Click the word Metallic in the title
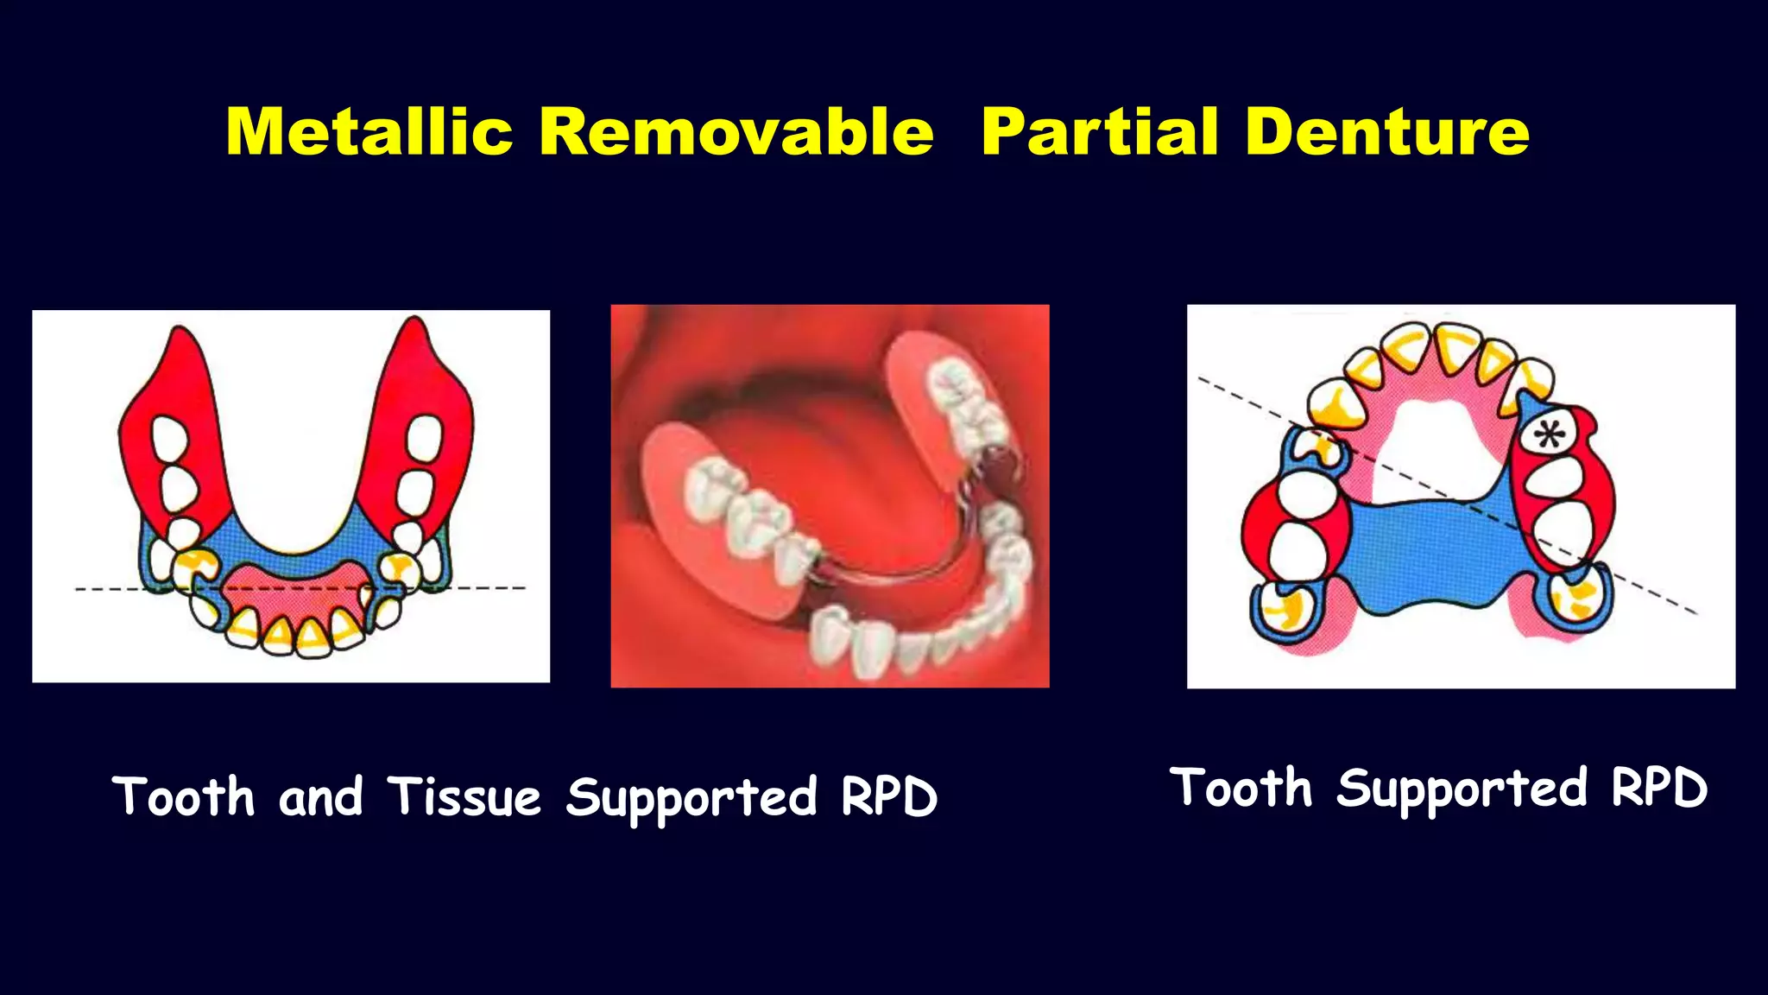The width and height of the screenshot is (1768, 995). tap(369, 132)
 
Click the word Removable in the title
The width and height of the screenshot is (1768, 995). tap(736, 132)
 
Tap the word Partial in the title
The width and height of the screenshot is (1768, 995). tap(1100, 132)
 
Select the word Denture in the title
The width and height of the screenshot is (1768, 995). tap(1386, 132)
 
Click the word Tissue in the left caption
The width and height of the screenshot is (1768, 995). tap(464, 796)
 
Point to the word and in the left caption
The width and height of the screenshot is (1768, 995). tap(320, 796)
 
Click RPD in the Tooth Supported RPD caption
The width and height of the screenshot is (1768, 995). tap(1659, 788)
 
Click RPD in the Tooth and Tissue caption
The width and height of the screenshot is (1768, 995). tap(889, 796)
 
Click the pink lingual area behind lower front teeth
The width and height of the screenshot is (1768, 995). tap(294, 587)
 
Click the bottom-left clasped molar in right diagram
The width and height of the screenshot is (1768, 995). tap(1282, 609)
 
